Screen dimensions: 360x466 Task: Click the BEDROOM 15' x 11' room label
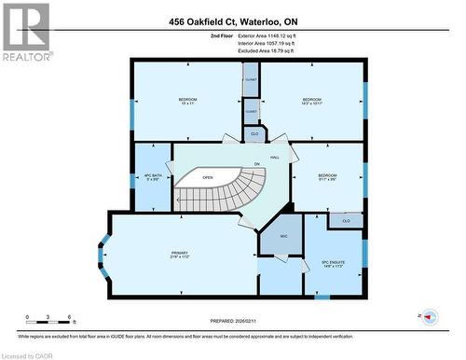pos(188,101)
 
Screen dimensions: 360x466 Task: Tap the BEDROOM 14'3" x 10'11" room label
pos(311,101)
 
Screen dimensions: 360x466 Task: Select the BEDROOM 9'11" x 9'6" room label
pos(326,177)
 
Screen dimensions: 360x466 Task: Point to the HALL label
pos(274,158)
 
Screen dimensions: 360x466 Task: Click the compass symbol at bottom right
pos(430,317)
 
